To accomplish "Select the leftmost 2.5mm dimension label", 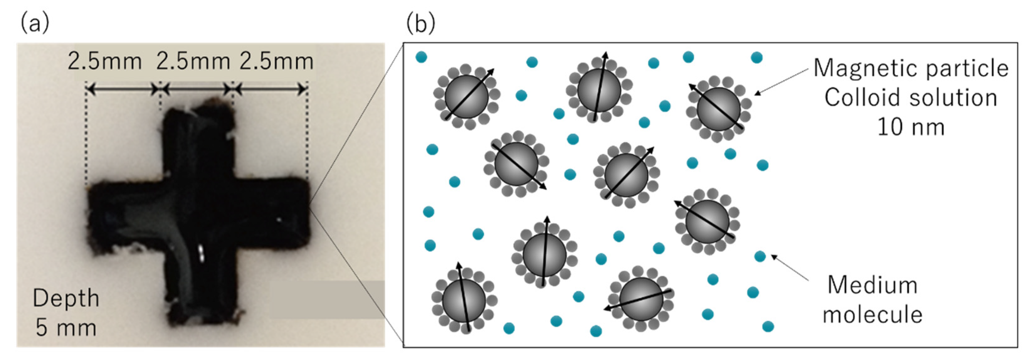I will pyautogui.click(x=105, y=62).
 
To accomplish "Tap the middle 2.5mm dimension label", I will pyautogui.click(x=193, y=62).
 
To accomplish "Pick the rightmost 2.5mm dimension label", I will pyautogui.click(x=277, y=62).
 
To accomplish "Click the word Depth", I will pyautogui.click(x=66, y=298).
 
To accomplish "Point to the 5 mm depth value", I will pyautogui.click(x=66, y=328).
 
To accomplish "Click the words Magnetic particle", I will pyautogui.click(x=911, y=68).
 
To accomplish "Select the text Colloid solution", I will pyautogui.click(x=911, y=98).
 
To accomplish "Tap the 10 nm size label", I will pyautogui.click(x=911, y=127).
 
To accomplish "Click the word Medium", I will pyautogui.click(x=872, y=285).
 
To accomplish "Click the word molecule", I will pyautogui.click(x=872, y=315).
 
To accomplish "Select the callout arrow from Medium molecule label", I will pyautogui.click(x=791, y=268).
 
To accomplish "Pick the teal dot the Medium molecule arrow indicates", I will pyautogui.click(x=760, y=256).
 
